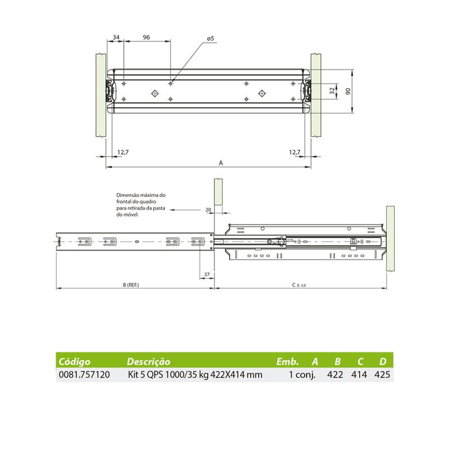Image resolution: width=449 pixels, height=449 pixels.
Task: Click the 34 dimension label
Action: [116, 37]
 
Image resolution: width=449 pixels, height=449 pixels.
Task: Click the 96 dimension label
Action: [146, 37]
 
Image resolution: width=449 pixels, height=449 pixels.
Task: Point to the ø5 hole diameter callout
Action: [210, 38]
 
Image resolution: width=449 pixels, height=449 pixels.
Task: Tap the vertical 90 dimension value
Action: [348, 91]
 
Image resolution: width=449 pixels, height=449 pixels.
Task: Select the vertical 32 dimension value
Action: [332, 91]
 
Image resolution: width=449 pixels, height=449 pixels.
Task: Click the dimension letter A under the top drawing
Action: [221, 163]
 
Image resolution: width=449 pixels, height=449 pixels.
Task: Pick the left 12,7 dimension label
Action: [123, 152]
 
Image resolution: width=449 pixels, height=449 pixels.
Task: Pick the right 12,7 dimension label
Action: [295, 152]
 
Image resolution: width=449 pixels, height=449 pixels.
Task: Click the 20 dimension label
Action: [208, 209]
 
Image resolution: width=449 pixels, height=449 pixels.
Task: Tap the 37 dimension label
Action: [207, 274]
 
